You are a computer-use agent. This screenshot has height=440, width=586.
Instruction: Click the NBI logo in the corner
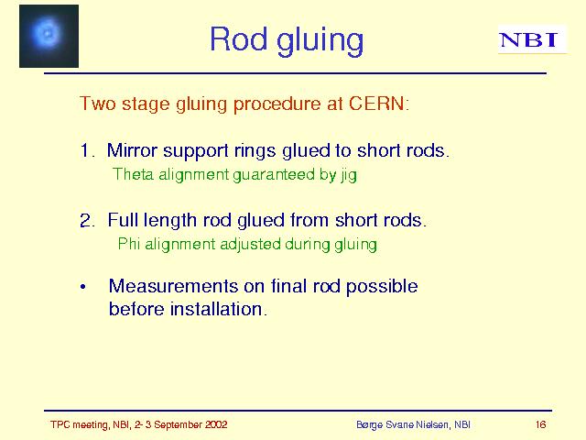click(532, 39)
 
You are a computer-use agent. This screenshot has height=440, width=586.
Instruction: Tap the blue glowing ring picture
click(49, 36)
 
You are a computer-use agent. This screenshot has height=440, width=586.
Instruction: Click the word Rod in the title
click(238, 38)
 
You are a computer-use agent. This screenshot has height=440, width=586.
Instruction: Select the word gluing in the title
click(320, 41)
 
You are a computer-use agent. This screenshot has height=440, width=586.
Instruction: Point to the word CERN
click(376, 103)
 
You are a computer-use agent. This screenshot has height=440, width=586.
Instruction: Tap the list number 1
click(86, 150)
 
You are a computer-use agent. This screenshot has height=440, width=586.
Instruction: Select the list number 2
click(87, 220)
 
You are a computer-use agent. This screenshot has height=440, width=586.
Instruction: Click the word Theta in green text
click(133, 174)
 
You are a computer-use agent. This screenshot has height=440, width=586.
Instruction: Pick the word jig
click(349, 175)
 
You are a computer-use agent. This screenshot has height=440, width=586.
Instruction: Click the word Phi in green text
click(129, 244)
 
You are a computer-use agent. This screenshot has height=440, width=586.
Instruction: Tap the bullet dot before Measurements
click(83, 287)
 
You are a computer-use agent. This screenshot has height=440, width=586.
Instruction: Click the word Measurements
click(173, 286)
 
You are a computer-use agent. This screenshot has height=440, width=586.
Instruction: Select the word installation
click(218, 309)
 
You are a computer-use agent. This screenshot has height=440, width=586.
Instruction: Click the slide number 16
click(540, 424)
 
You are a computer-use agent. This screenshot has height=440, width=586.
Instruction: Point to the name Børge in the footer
click(369, 425)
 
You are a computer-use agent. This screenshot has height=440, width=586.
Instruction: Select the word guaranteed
click(274, 175)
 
